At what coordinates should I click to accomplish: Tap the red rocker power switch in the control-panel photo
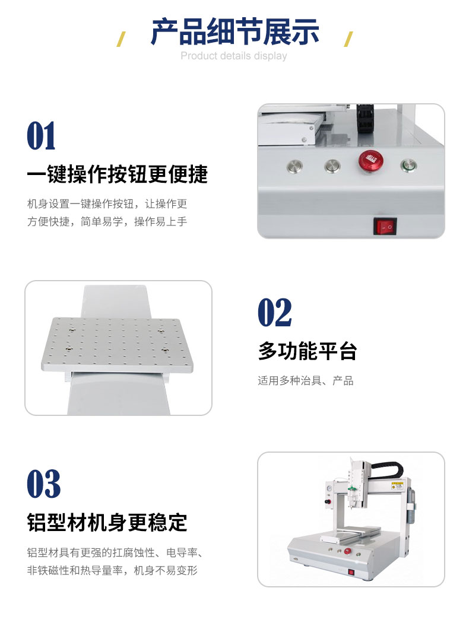[385, 226]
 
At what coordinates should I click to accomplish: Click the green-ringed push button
[408, 166]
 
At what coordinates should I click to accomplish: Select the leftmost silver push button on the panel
[294, 166]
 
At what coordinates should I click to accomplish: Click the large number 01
[41, 136]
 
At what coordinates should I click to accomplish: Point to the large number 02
[275, 313]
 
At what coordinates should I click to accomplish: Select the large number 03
[44, 484]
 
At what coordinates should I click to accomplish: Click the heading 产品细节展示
[235, 32]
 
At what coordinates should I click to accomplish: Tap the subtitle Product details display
[234, 56]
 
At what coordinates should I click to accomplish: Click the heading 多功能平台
[308, 351]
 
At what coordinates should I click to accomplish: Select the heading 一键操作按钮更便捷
[118, 174]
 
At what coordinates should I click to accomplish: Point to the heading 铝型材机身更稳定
[107, 522]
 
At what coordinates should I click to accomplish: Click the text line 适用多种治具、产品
[305, 381]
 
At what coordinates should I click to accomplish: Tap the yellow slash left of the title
[121, 39]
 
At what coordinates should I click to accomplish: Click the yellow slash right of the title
[348, 39]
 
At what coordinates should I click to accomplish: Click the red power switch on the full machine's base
[351, 572]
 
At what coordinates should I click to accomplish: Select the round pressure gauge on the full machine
[328, 487]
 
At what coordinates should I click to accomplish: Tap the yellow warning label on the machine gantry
[397, 485]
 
